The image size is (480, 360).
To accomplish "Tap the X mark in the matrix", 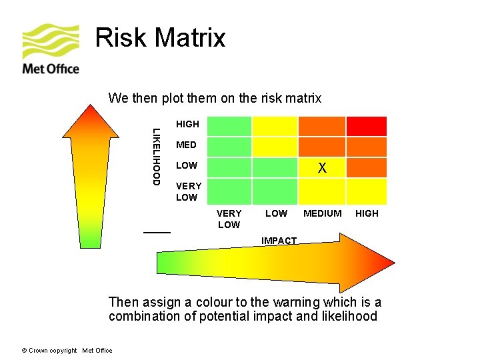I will click(x=322, y=168).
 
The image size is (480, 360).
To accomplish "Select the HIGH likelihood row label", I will click(x=187, y=124).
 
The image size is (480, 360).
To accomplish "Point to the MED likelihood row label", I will click(x=186, y=145).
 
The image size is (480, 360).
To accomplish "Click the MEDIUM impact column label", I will click(x=322, y=213).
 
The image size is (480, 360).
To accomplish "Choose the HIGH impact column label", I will click(x=367, y=213).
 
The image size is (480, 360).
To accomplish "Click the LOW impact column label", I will click(x=276, y=213).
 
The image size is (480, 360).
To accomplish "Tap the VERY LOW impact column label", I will click(x=229, y=219).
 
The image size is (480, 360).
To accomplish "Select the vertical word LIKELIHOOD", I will click(x=155, y=156).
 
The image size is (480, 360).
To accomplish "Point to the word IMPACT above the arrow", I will click(x=279, y=241).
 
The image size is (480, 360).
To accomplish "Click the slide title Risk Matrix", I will click(x=160, y=38).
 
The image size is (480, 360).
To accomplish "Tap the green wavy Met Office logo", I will click(x=51, y=41).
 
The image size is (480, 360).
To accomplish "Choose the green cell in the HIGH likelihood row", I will click(x=229, y=126).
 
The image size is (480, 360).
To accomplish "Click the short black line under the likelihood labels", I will click(x=157, y=231).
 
